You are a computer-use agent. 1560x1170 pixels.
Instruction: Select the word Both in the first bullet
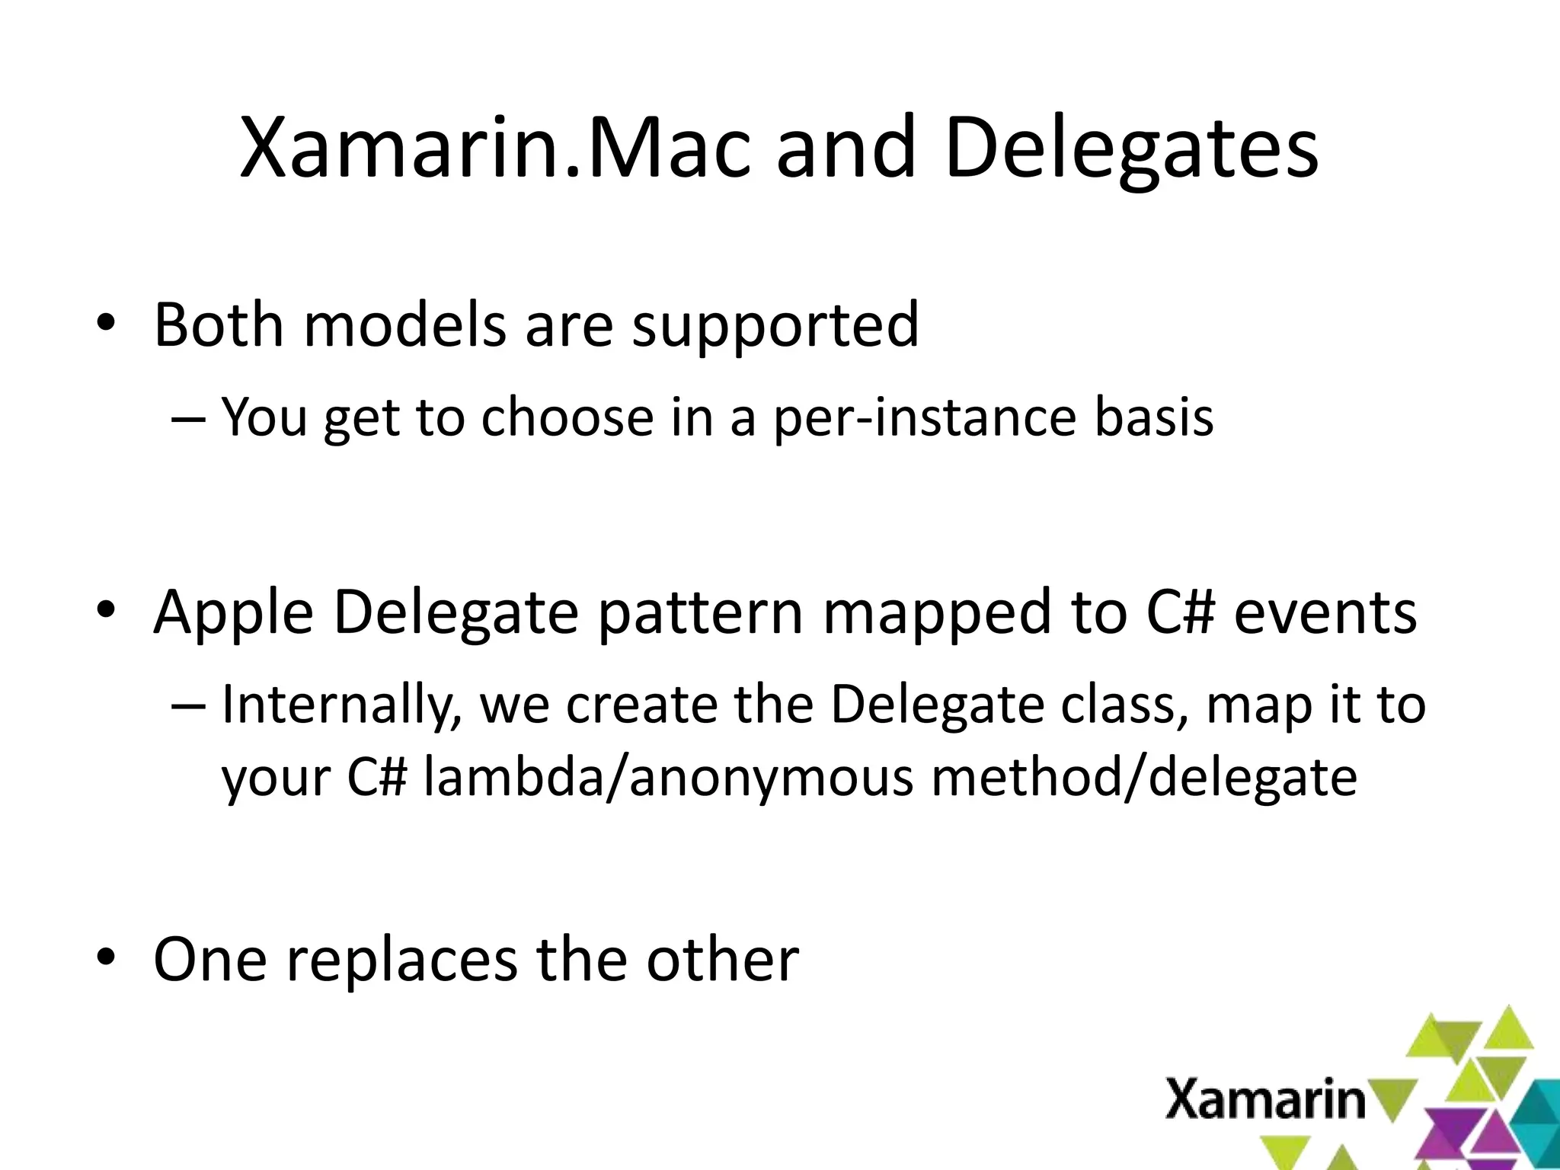pos(217,325)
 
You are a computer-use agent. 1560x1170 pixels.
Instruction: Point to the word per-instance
pos(925,419)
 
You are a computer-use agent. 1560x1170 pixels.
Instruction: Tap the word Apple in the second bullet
pos(233,614)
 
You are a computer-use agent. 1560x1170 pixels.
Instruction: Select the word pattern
pos(700,614)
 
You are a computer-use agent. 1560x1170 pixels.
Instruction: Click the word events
pos(1325,612)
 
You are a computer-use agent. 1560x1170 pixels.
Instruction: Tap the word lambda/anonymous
pos(668,778)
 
